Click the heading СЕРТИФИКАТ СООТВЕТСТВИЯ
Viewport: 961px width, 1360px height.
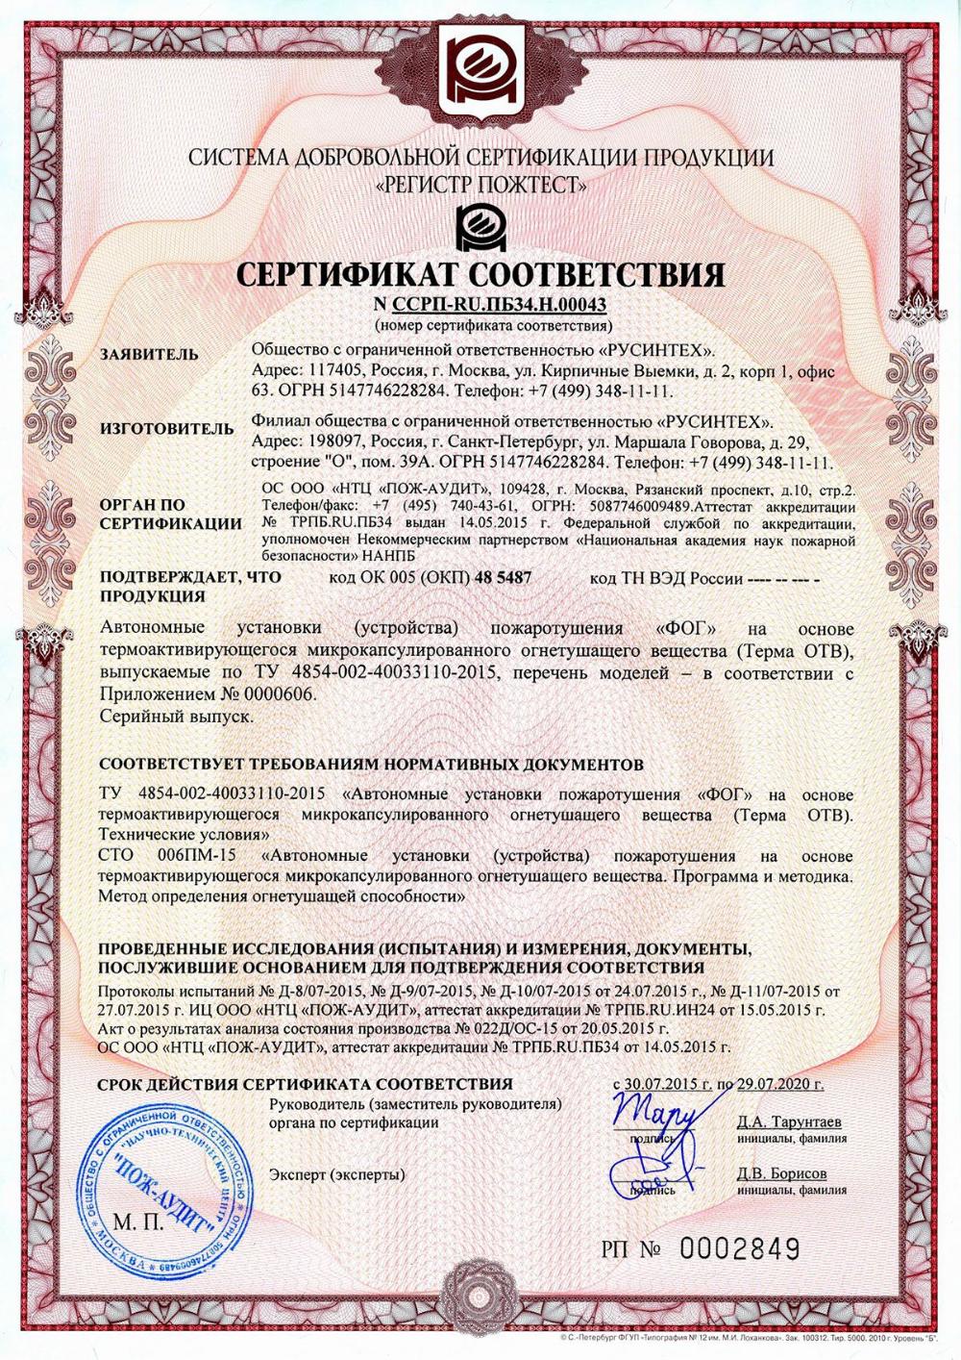pyautogui.click(x=480, y=276)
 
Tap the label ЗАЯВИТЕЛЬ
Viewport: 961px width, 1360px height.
pyautogui.click(x=149, y=354)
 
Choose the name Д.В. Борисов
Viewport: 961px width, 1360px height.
pyautogui.click(x=781, y=1173)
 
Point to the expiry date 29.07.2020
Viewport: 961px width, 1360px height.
pyautogui.click(x=779, y=1084)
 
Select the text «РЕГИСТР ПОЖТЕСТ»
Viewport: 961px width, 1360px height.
pyautogui.click(x=480, y=185)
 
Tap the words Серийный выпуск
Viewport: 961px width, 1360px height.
pyautogui.click(x=176, y=717)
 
